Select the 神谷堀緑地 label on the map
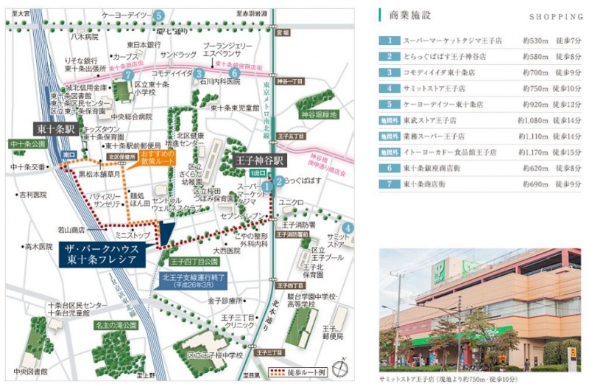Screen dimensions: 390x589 point(318,115)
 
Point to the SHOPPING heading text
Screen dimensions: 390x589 point(551,15)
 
